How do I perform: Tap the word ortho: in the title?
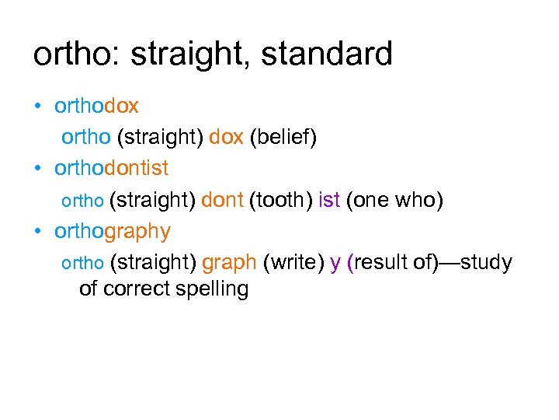(x=75, y=54)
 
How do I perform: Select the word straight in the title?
(x=181, y=54)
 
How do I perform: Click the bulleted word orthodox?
(x=96, y=105)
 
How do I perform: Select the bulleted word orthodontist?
(x=111, y=168)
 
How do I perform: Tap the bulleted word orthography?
(x=112, y=232)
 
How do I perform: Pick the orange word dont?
(x=222, y=200)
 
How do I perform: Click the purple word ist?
(x=329, y=200)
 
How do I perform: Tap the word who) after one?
(x=419, y=200)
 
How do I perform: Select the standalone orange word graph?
(x=229, y=263)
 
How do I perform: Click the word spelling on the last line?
(x=211, y=289)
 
